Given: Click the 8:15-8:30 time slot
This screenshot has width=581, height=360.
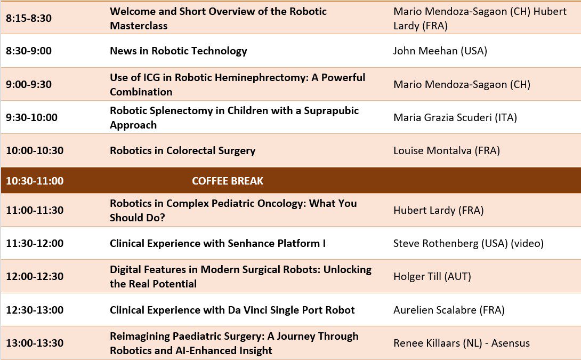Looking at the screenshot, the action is coord(29,18).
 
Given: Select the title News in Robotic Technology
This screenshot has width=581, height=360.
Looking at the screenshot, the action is coord(178,51).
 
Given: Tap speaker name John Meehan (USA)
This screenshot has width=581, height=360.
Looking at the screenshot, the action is coord(440,51).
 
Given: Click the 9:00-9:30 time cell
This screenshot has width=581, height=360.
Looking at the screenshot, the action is coord(29,84).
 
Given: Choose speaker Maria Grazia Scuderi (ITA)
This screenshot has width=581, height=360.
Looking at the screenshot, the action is coord(455,117).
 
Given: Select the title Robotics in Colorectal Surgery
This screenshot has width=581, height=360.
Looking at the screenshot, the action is coord(183,150).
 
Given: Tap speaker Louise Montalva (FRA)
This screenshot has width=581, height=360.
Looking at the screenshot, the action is coord(447,150).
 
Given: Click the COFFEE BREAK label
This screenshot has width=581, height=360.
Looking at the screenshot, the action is coord(228,181).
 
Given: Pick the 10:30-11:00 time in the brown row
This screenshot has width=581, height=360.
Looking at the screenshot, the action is coord(35,181).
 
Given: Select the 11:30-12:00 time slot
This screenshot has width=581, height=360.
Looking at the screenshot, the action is coord(35,243).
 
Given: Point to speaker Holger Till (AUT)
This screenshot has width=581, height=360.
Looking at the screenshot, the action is coord(432,276).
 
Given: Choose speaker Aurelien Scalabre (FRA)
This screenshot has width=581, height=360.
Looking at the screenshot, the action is coord(449,310).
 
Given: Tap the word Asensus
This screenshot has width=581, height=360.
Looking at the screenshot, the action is coord(510,343).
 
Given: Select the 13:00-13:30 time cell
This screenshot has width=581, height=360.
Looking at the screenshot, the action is coord(35,343).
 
